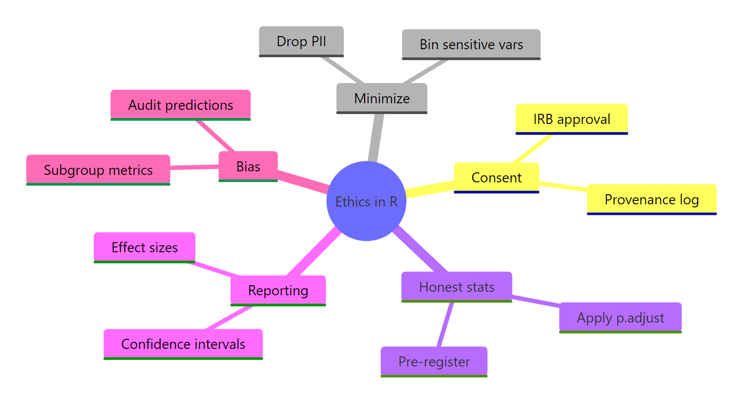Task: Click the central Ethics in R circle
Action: pos(366,201)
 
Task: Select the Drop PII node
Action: pos(301,41)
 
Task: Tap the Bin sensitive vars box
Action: pos(471,44)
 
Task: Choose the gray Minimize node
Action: pos(382,98)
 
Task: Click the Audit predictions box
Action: pos(180,105)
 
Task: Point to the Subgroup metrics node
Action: pos(98,170)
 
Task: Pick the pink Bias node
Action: pos(248,166)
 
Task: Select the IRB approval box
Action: pos(571,119)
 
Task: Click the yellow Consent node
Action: pos(496,178)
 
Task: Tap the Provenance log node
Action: pos(652,199)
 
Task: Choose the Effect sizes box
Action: pos(144,247)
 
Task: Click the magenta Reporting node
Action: pos(278,290)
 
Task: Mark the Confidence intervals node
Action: pos(183,344)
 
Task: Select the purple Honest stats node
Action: pos(457,286)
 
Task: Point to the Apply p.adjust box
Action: pos(620,317)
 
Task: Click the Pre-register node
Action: pos(434,361)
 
